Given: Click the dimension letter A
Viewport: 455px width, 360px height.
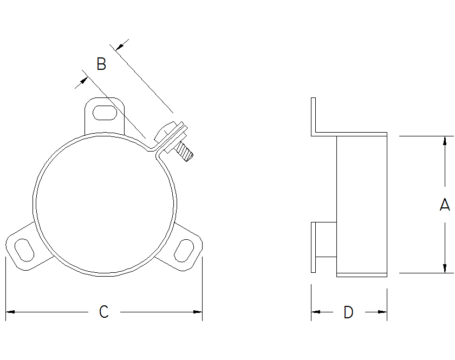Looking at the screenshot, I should pos(444,205).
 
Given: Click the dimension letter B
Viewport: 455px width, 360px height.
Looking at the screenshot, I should pos(101,64).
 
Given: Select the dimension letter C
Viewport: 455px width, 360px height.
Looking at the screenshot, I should pos(104,312).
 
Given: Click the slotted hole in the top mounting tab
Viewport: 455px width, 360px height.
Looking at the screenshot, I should pos(104,113).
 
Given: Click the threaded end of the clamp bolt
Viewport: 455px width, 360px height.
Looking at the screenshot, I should pos(186,154).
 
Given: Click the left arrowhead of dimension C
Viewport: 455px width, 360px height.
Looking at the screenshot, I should pos(9,312).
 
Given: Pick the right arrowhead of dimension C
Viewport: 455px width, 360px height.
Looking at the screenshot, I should pos(198,312).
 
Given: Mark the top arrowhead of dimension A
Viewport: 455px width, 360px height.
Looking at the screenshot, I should pos(445,140).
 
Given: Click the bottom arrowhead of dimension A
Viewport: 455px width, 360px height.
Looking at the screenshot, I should pos(445,269).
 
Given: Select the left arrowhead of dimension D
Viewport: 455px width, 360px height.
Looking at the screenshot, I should pos(315,312).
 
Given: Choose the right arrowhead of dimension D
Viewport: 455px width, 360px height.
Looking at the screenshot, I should pos(383,312).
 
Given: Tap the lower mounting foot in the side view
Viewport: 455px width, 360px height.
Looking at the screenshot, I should pos(314,247).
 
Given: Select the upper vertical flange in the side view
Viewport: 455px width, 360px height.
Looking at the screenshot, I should pos(313,116).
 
